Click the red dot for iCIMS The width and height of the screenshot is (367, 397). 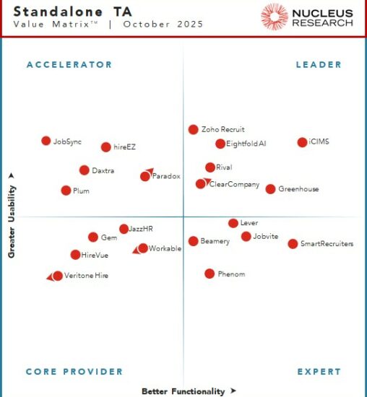pyautogui.click(x=302, y=142)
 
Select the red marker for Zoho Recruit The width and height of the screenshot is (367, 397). pyautogui.click(x=193, y=130)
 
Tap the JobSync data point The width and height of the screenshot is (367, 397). pyautogui.click(x=46, y=141)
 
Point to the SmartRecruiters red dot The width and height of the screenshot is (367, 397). pyautogui.click(x=293, y=244)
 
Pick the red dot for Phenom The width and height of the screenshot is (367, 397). pyautogui.click(x=210, y=274)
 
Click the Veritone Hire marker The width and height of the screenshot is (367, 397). pyautogui.click(x=58, y=276)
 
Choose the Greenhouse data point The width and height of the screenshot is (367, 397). pyautogui.click(x=270, y=189)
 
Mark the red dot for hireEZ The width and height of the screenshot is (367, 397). pyautogui.click(x=106, y=147)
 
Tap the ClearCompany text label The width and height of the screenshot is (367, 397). pyautogui.click(x=234, y=185)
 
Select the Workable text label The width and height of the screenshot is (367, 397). pyautogui.click(x=165, y=248)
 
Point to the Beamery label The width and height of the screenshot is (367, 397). pyautogui.click(x=215, y=241)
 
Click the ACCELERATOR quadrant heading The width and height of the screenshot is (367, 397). pyautogui.click(x=69, y=65)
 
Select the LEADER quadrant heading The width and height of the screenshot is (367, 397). pyautogui.click(x=319, y=65)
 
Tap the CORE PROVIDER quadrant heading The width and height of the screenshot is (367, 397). pyautogui.click(x=74, y=372)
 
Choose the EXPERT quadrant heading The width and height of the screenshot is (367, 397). pyautogui.click(x=319, y=372)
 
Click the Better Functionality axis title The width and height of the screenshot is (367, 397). pyautogui.click(x=183, y=391)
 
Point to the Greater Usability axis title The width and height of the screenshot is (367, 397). pyautogui.click(x=12, y=215)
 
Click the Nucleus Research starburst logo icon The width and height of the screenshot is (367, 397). pyautogui.click(x=275, y=17)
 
